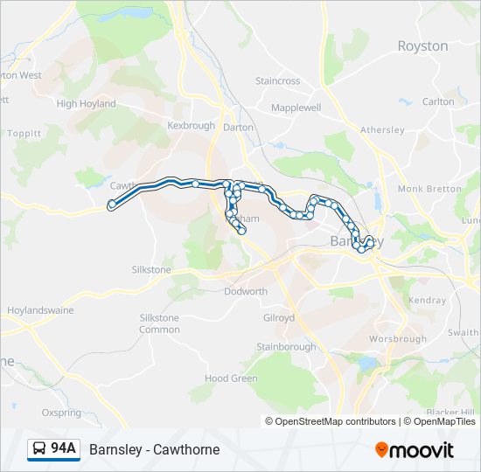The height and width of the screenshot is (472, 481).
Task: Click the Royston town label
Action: coord(422,46)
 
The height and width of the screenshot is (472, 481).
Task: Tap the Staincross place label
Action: coord(277,81)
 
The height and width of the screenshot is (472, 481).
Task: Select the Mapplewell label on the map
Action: coord(296,108)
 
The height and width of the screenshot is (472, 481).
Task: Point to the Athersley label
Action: coord(382,130)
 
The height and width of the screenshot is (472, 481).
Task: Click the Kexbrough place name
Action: coord(191,126)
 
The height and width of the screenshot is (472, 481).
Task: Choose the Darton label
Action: coord(238,127)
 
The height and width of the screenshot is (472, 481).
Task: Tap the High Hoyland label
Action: coord(86,104)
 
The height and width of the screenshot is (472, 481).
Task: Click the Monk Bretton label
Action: coord(429,189)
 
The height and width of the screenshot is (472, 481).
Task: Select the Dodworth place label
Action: coord(245,292)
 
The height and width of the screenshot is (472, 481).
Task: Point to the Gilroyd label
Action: coord(279,318)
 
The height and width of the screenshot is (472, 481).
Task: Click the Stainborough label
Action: coord(286,347)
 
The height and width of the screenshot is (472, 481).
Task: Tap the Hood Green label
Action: coord(231,378)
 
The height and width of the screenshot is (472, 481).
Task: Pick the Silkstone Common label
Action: coord(159,323)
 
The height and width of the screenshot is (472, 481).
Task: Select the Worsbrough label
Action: coord(398,339)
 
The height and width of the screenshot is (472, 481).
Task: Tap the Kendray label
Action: coord(427,300)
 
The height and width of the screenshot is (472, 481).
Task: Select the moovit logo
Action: coord(415,450)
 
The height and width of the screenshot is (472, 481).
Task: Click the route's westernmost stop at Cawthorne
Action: coord(111,205)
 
